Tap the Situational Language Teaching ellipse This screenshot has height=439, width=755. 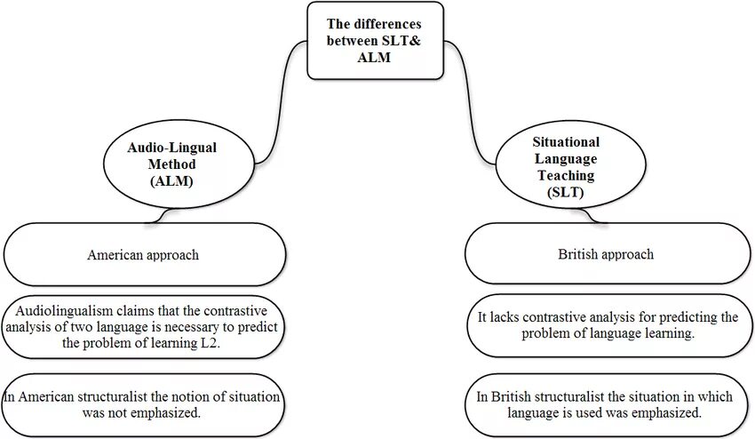(565, 165)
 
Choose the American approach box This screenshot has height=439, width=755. (144, 254)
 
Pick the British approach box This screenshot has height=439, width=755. (607, 254)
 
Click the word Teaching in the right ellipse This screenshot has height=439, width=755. (566, 175)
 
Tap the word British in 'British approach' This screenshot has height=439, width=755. (582, 254)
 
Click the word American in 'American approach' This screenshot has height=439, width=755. (115, 255)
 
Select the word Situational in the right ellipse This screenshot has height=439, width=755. (566, 142)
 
